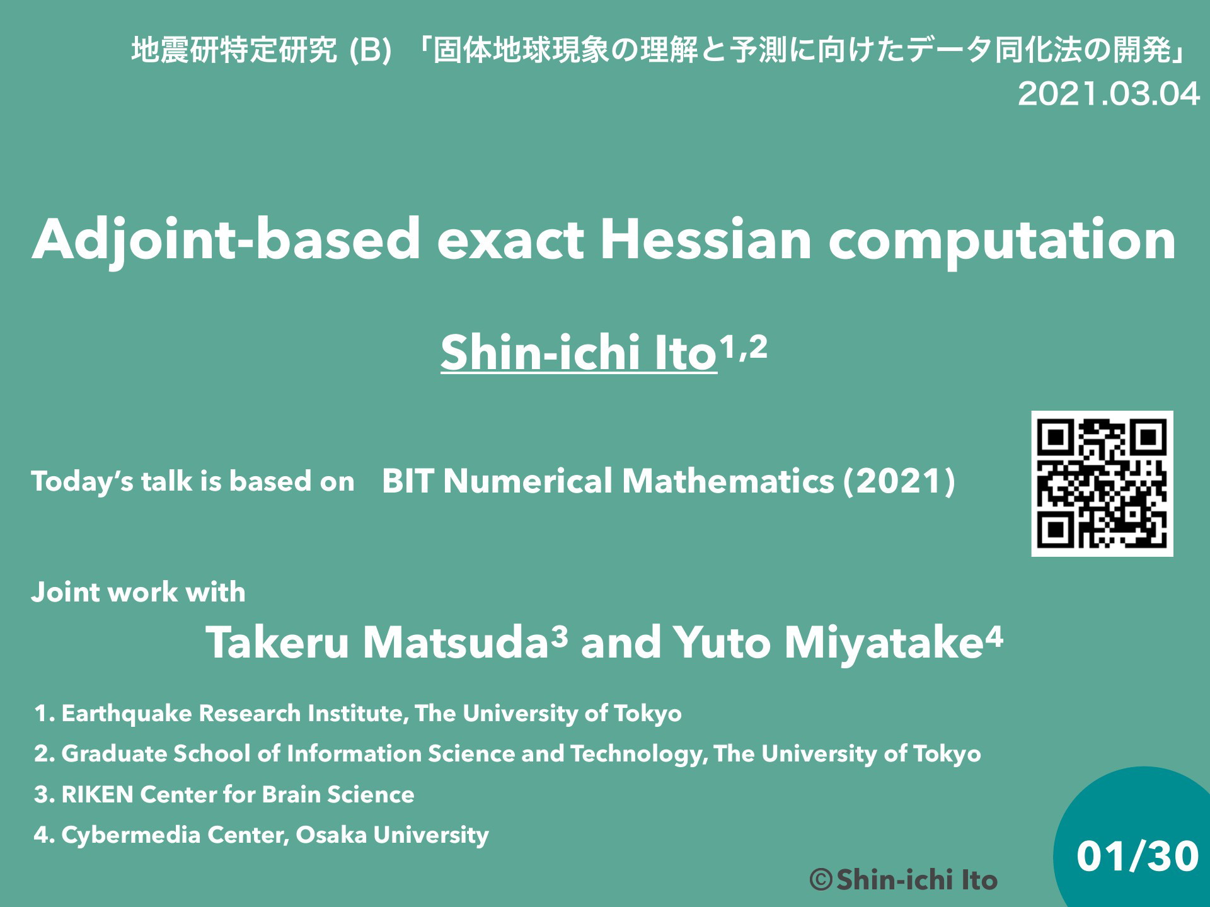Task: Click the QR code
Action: [x=1102, y=484]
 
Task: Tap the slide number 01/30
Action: [x=1138, y=857]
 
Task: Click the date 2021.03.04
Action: [x=1109, y=94]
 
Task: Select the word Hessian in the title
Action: [x=706, y=239]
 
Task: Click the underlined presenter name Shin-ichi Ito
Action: [x=579, y=353]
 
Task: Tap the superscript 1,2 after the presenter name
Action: [x=744, y=346]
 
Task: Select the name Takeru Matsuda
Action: [x=377, y=642]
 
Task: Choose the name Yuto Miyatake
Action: [x=827, y=644]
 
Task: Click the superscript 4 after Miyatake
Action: [x=994, y=636]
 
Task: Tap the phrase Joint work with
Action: [x=139, y=592]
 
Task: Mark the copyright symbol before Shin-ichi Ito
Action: [x=821, y=880]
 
